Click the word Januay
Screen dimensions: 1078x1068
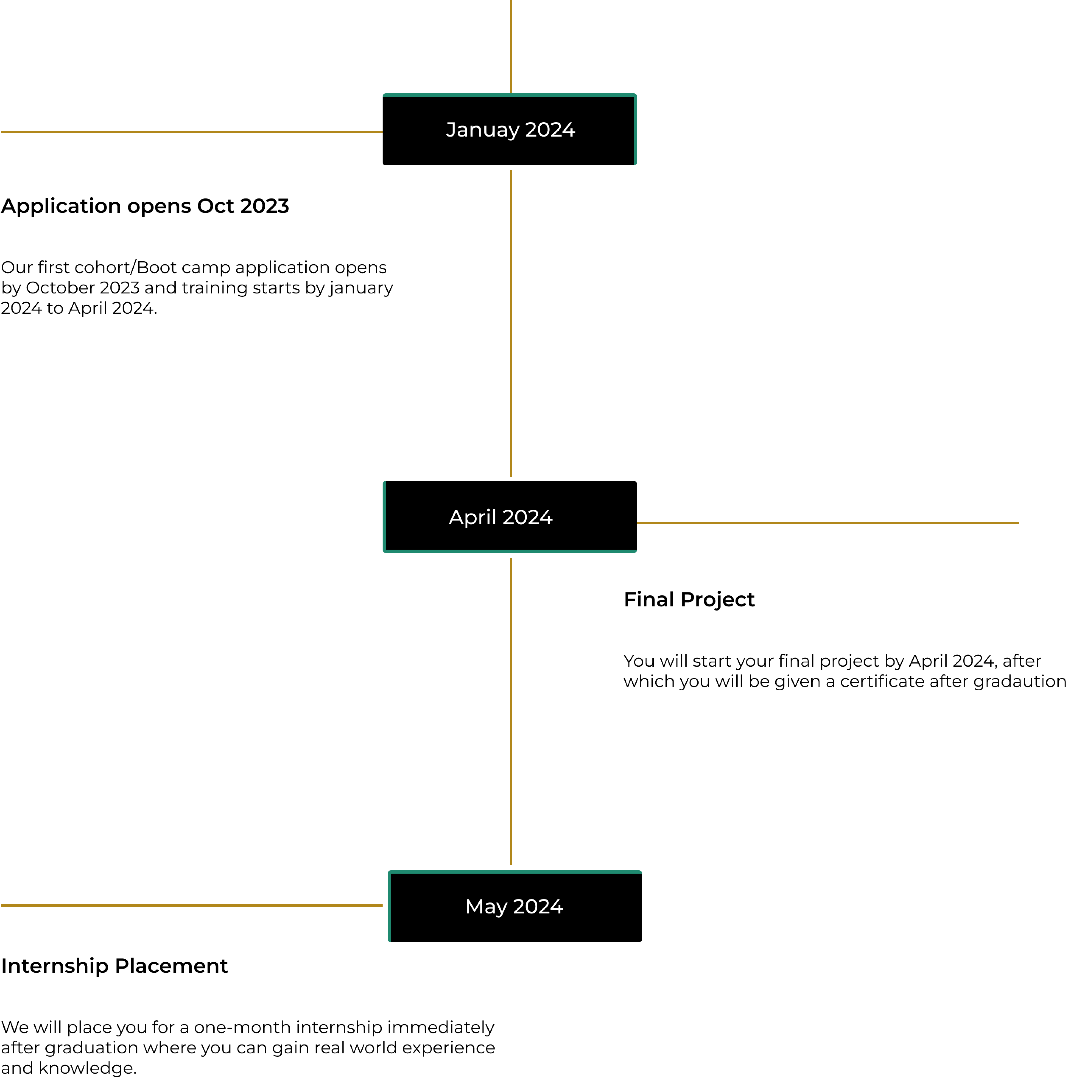(x=483, y=130)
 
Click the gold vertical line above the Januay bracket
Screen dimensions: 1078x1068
(x=511, y=45)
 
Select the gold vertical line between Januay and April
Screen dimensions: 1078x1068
(x=511, y=324)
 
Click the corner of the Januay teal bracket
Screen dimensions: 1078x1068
(x=635, y=95)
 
